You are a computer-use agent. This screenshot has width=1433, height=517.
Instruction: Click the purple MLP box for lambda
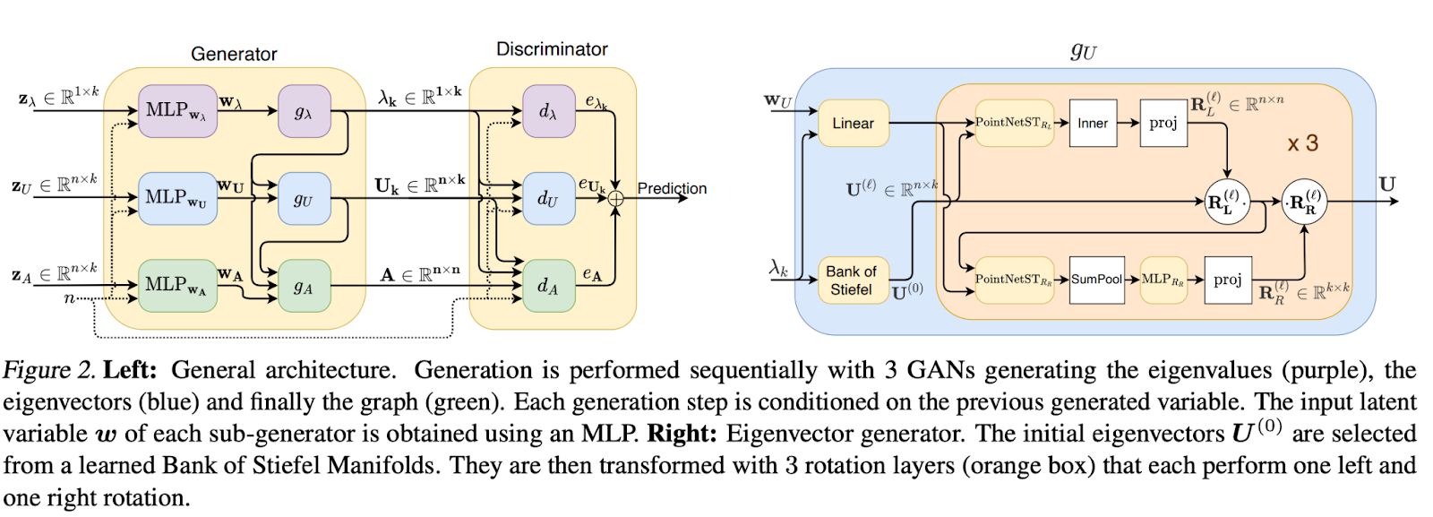point(177,111)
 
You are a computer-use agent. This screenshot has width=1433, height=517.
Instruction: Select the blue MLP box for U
point(177,198)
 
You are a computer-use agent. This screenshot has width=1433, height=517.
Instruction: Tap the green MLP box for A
point(177,285)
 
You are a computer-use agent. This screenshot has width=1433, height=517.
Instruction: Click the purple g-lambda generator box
point(304,111)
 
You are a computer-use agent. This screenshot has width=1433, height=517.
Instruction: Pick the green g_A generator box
point(304,286)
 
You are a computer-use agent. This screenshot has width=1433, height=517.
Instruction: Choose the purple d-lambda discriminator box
point(548,111)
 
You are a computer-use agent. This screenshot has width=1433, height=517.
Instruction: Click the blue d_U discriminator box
point(548,198)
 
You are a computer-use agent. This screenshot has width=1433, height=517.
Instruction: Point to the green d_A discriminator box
point(548,286)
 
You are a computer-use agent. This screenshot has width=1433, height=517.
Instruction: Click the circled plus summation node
point(615,199)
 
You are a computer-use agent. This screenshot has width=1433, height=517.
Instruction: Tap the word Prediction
point(672,188)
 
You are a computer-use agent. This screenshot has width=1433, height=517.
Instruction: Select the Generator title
point(234,54)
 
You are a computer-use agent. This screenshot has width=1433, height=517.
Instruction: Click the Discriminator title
point(552,49)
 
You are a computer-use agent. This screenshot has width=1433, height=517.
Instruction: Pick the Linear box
point(853,123)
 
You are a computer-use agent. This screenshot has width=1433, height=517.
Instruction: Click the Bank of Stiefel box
point(851,280)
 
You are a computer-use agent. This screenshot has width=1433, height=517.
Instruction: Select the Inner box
point(1092,123)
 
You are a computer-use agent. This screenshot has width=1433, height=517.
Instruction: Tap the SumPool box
point(1096,280)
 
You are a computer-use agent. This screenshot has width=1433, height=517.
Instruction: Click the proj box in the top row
point(1163,123)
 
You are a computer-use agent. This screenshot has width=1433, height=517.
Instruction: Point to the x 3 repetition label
point(1302,143)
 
